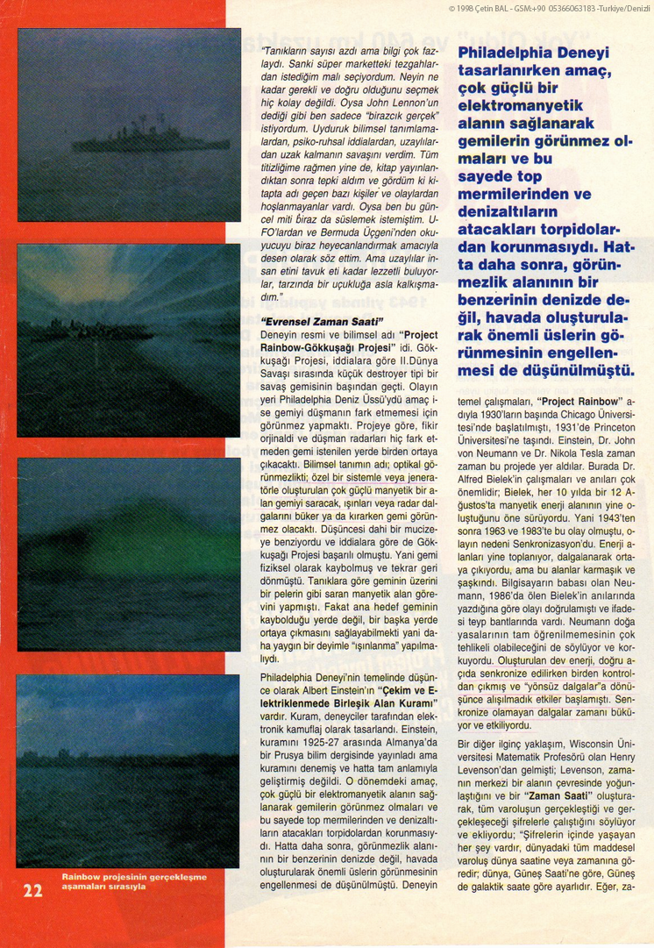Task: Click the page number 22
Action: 32,890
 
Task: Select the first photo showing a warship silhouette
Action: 129,125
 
